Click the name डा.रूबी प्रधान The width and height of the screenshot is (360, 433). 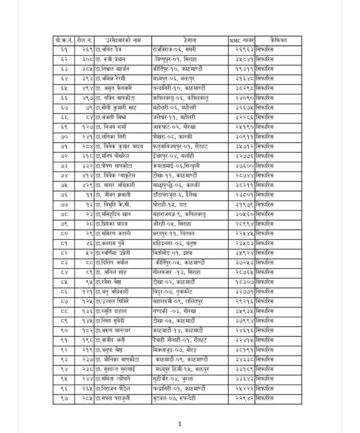111,59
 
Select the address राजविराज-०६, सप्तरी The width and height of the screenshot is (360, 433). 179,50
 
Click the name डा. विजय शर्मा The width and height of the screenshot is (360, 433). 111,127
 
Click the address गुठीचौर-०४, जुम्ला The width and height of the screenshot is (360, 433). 179,378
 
